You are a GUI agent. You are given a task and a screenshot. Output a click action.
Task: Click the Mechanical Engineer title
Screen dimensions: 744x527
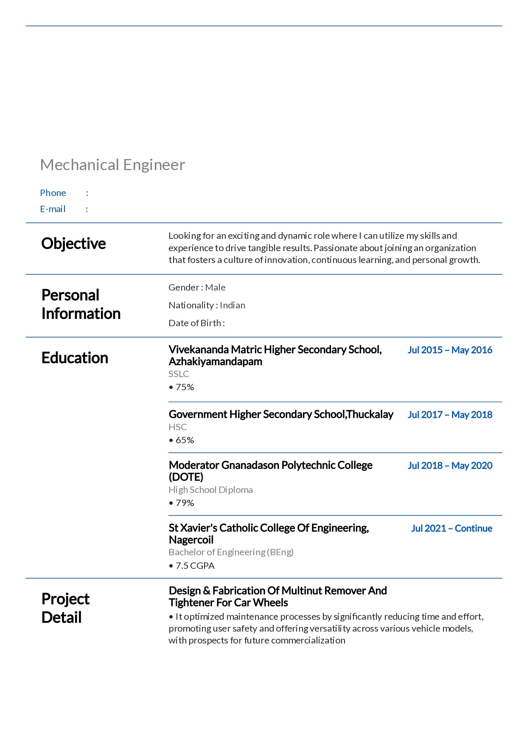(x=112, y=165)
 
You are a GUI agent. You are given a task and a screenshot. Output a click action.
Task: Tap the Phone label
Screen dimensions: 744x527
(x=53, y=193)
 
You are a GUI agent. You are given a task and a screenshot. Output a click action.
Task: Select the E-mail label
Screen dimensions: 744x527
(x=53, y=209)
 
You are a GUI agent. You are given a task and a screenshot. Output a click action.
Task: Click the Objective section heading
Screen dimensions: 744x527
(x=73, y=243)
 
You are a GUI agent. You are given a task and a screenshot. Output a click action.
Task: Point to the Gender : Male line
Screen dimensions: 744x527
(x=197, y=288)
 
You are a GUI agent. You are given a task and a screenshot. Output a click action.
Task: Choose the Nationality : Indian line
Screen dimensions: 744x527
(x=207, y=305)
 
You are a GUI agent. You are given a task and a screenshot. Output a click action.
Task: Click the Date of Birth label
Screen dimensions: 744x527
(x=196, y=323)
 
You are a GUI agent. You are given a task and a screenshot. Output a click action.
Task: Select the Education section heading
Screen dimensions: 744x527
(x=75, y=358)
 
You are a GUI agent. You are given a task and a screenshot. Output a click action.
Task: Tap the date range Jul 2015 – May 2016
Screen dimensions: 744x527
(x=450, y=350)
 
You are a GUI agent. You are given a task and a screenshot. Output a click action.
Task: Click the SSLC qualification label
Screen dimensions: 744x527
(x=179, y=374)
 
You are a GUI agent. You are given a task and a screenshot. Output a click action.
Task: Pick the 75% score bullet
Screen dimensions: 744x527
(x=182, y=387)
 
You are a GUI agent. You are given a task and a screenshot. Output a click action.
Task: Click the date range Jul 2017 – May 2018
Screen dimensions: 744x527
(x=450, y=415)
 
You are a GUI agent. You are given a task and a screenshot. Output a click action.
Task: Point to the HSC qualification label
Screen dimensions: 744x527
(x=177, y=427)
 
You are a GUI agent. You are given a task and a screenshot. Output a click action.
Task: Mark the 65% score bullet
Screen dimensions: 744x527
(x=182, y=440)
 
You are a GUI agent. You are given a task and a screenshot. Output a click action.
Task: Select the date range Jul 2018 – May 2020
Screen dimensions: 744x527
(x=450, y=466)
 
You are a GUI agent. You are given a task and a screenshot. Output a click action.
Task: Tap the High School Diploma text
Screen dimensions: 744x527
(x=210, y=490)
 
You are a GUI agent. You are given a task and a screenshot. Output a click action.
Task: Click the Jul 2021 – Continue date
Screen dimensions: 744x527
(x=451, y=529)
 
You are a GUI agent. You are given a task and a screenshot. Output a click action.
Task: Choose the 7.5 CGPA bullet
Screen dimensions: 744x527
(x=192, y=566)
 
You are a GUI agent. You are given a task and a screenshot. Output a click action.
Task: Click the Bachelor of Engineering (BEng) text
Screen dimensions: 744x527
(x=231, y=552)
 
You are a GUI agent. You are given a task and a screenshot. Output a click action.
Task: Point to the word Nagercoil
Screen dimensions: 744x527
(x=191, y=540)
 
